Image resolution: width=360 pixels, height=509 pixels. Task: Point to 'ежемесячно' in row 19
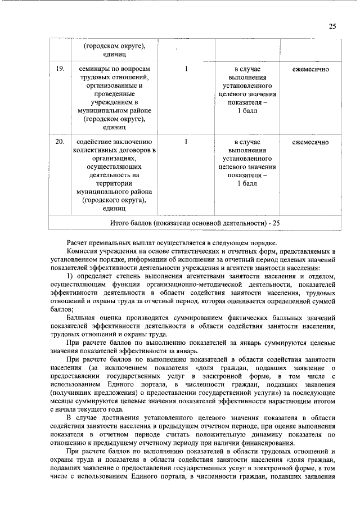pyautogui.click(x=310, y=69)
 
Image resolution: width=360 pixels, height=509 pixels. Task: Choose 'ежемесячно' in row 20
pyautogui.click(x=310, y=142)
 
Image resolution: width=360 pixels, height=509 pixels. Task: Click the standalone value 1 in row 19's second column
pyautogui.click(x=186, y=69)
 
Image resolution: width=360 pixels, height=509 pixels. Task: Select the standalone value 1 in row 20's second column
pyautogui.click(x=186, y=142)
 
